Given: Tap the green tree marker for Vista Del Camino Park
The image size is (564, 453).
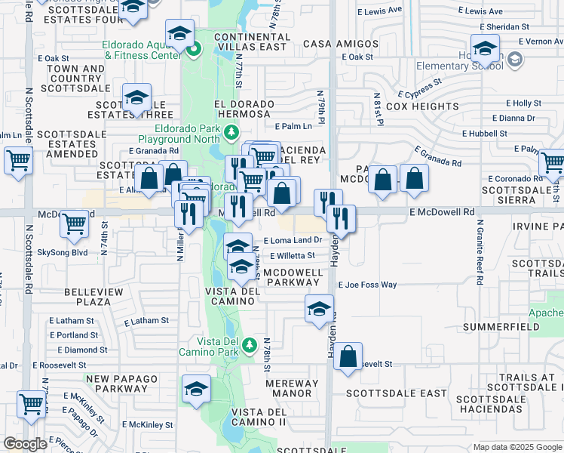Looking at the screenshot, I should [250, 346].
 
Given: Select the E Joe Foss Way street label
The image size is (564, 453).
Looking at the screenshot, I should [367, 285].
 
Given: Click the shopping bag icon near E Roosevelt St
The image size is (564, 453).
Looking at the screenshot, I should [348, 358].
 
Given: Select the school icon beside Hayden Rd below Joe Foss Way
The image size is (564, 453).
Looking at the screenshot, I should [319, 308].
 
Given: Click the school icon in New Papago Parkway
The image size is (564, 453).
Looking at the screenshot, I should [196, 389].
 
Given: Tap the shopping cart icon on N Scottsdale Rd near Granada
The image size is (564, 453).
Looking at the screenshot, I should [18, 160].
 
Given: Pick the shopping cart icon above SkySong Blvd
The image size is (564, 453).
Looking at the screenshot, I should [74, 223].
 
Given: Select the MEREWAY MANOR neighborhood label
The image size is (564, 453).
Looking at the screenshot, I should [292, 388].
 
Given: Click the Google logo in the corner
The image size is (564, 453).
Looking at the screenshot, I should [25, 443].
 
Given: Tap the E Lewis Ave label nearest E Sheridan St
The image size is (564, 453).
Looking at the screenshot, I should [484, 11].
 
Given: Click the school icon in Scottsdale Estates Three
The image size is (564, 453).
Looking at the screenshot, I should [137, 98].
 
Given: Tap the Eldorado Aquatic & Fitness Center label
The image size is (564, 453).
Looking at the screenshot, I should [143, 50].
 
